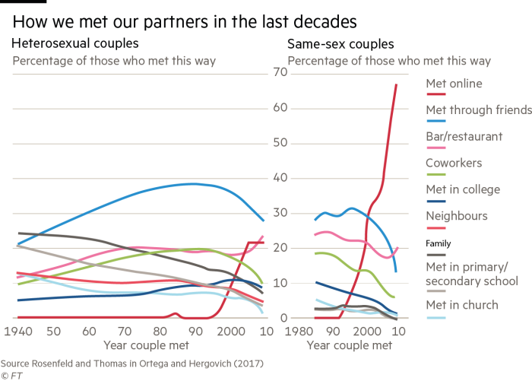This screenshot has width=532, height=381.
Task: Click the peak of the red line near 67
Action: click(397, 84)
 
